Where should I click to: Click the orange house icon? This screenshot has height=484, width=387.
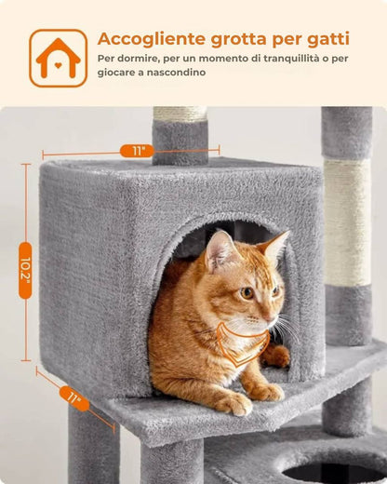[x=59, y=58]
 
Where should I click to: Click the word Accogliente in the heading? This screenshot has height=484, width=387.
[x=152, y=39]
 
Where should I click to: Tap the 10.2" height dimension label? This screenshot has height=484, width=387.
[x=25, y=271]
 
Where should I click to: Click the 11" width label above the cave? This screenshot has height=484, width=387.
[x=137, y=151]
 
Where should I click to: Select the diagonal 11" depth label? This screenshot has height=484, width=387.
[x=74, y=398]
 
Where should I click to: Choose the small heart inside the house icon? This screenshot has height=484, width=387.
[x=58, y=65]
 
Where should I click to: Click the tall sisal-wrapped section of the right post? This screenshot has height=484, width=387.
[x=348, y=222]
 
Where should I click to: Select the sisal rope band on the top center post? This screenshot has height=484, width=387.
[x=180, y=114]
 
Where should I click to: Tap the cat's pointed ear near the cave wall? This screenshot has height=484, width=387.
[x=274, y=246]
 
